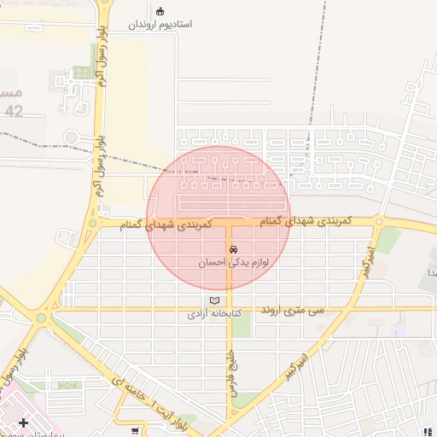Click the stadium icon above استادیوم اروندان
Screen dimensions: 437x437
(x=160, y=11)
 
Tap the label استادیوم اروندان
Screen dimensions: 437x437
(x=160, y=25)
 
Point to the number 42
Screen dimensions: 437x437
(x=14, y=111)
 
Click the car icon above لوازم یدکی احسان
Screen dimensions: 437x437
(x=235, y=248)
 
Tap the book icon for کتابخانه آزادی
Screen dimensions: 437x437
(x=214, y=300)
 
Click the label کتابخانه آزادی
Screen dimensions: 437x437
(x=215, y=314)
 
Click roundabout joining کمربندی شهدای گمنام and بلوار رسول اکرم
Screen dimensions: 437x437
(x=91, y=224)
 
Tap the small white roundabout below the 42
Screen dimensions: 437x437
(x=71, y=136)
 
